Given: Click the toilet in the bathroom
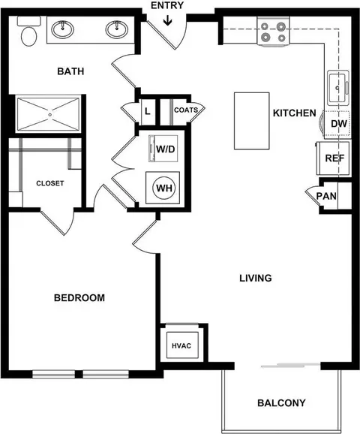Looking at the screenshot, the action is pos(28,32).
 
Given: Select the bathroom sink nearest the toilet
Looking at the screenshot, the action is pos(63,29).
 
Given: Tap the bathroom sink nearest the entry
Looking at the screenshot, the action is pos(117,29).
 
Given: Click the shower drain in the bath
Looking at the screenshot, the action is pos(50,115).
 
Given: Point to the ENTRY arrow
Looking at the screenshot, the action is pos(167,21).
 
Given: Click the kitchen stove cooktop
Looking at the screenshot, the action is pos(273,31).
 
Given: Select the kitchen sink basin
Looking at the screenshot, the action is pos(337,87).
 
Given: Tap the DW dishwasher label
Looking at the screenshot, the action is pos(339,124).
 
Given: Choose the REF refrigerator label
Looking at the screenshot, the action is pos(334,158).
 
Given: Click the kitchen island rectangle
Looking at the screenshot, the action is pos(252,121).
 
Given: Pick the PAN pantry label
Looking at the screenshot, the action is pos(326,196).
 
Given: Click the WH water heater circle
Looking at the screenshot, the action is pos(164,188).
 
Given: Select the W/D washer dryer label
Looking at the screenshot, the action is pos(166,149).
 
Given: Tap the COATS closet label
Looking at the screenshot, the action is pos(186,110).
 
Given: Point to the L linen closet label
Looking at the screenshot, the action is pos(148,112).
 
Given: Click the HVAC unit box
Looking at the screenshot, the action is pos(182,345).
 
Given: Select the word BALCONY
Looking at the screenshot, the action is pos(281,403).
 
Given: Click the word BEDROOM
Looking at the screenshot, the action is pos(79,298).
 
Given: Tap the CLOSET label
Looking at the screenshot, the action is pos(50,183).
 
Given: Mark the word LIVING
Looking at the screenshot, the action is pos(256,278).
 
